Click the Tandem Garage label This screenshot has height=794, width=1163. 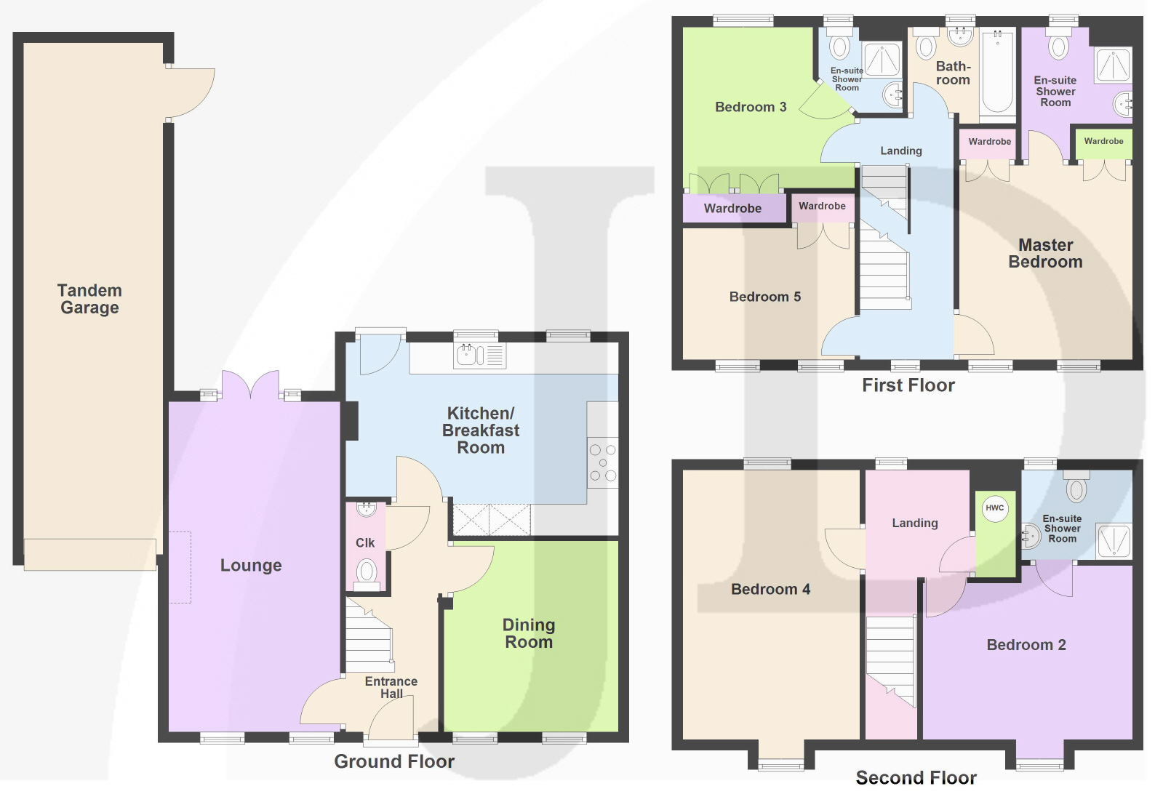[89, 299]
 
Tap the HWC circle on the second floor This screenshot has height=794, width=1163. [995, 508]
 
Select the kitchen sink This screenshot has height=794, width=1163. [479, 356]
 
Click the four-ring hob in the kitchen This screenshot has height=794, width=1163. [603, 462]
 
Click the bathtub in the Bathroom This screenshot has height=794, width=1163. [997, 71]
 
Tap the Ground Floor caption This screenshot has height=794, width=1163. [394, 761]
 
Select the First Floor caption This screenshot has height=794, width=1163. [908, 385]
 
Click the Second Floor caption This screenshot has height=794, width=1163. [916, 777]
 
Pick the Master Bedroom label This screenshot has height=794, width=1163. [1045, 253]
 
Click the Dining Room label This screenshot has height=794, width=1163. [529, 633]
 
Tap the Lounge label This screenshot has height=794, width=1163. [251, 565]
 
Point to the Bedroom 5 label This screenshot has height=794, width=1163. [764, 297]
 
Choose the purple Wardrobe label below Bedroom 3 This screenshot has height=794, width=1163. [732, 209]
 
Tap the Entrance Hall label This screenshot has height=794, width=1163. [391, 688]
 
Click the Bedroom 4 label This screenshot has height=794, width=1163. [770, 590]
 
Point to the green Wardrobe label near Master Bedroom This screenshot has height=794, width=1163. [1103, 141]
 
